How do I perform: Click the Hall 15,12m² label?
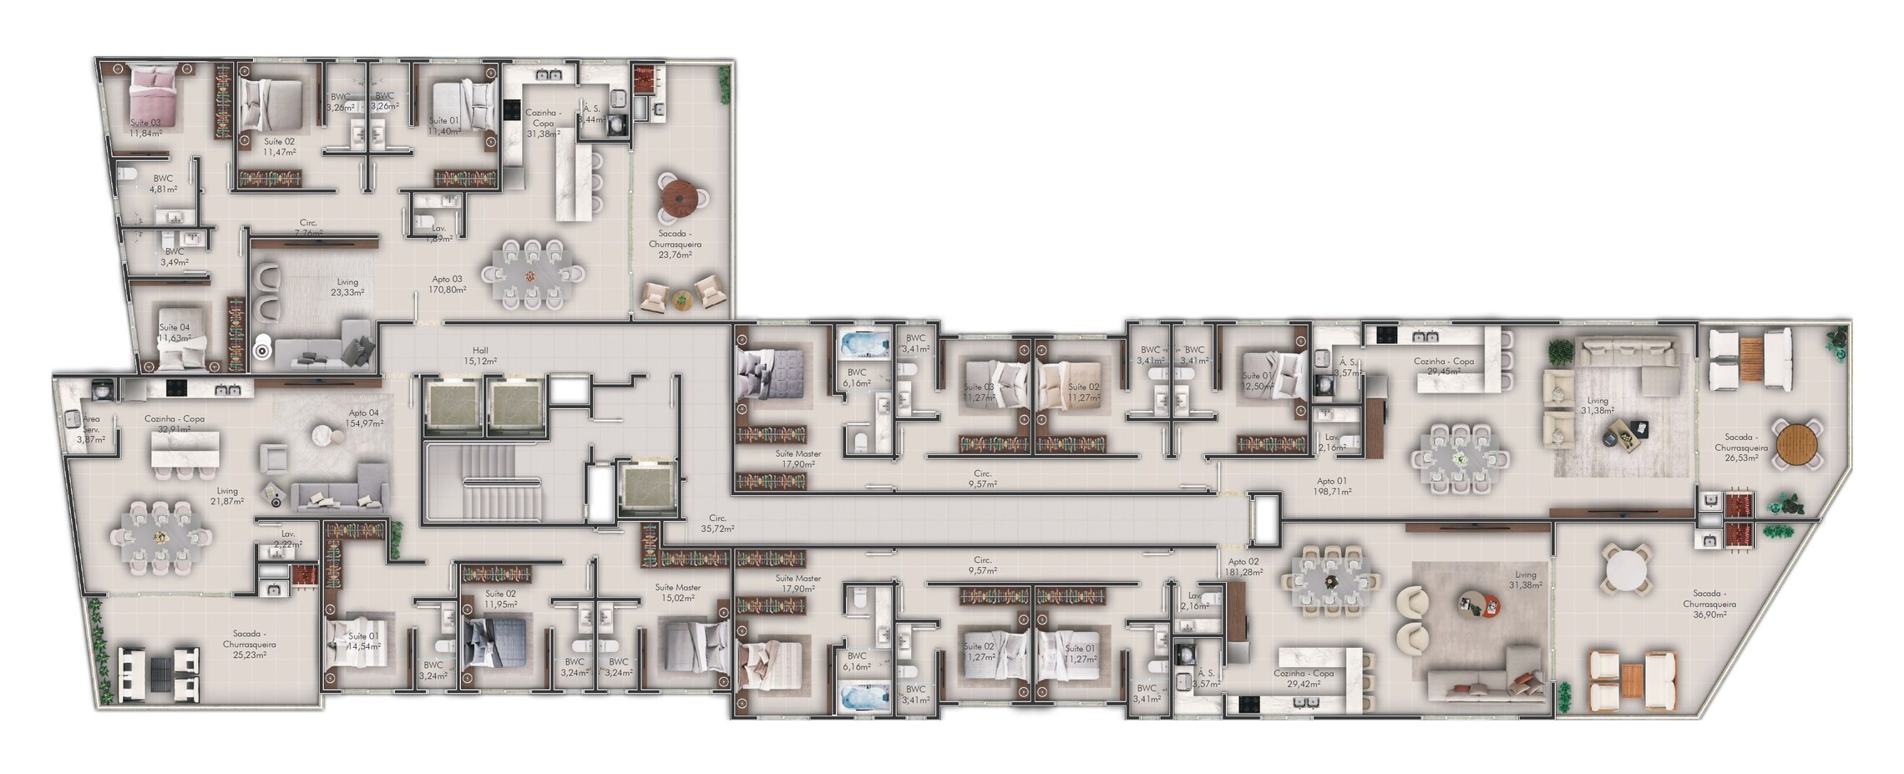480,357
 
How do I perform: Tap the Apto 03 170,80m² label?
447,285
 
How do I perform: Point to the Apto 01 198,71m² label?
1332,487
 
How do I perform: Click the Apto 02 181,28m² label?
1243,567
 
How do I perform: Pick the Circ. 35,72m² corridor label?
717,524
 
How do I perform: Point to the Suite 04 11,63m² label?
175,333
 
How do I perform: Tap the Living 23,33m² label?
347,288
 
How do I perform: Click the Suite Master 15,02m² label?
677,593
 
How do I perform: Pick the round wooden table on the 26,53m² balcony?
1798,443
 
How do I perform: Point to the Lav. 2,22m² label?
288,539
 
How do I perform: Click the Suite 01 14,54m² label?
363,641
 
